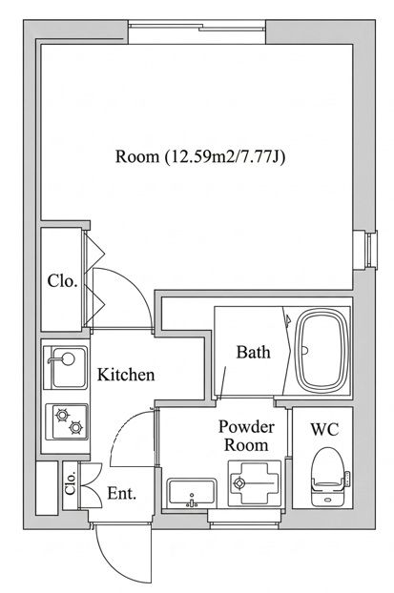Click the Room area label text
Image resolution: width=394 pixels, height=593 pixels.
(199, 156)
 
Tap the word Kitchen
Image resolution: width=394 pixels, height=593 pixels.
(126, 375)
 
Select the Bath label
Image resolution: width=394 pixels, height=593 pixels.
(254, 352)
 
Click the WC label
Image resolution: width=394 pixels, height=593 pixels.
(324, 429)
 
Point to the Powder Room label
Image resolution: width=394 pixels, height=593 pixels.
(246, 436)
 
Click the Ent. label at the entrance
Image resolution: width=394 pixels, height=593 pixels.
(121, 494)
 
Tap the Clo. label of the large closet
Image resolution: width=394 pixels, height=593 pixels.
(62, 281)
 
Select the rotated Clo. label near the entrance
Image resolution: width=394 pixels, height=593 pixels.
(71, 483)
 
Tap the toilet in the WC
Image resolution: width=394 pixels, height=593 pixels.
(328, 477)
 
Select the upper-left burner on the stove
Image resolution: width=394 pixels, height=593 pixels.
(62, 416)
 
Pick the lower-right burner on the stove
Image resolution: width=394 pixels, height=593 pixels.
(76, 427)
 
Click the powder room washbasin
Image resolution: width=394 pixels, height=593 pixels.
(192, 492)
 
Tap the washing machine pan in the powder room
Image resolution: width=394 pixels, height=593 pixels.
(255, 483)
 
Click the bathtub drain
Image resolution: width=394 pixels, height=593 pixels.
(305, 351)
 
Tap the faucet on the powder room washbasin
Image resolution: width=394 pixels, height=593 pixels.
(192, 502)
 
